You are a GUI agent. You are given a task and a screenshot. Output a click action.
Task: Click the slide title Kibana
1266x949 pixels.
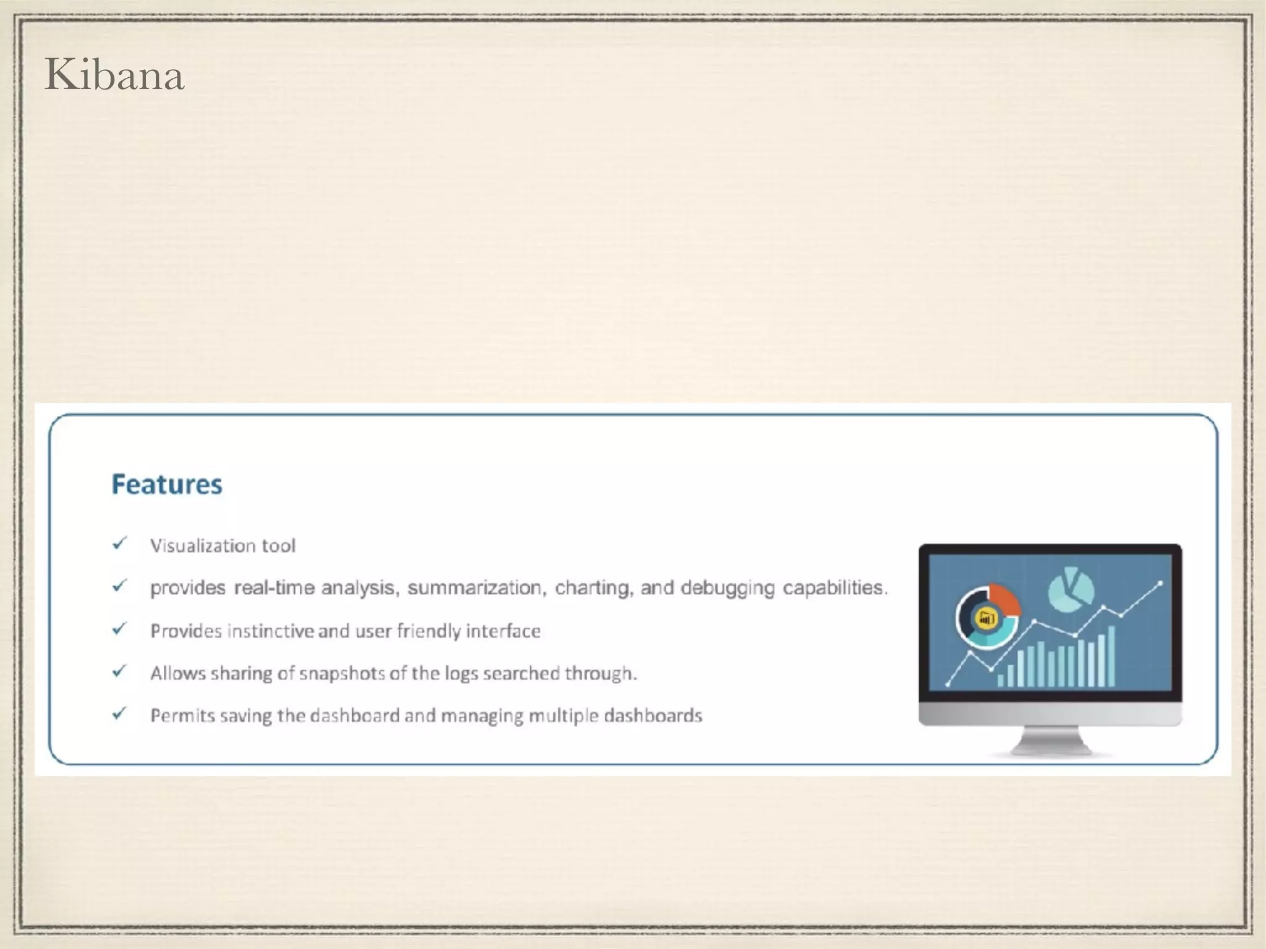(x=114, y=75)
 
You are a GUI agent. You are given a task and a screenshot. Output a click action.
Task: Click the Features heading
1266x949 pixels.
(x=167, y=484)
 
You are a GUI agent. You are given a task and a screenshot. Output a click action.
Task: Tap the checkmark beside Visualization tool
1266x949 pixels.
(x=119, y=544)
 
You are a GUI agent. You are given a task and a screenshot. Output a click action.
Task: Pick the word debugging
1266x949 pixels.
(x=727, y=588)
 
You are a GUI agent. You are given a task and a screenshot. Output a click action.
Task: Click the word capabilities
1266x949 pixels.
(x=835, y=588)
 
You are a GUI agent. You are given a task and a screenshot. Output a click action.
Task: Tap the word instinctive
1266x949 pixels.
(x=271, y=631)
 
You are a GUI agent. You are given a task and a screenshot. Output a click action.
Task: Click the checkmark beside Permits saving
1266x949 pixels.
(x=119, y=714)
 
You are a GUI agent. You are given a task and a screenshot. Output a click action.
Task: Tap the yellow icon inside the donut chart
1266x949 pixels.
(x=987, y=617)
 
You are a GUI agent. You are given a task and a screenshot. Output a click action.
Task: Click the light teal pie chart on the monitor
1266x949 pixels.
(x=1071, y=588)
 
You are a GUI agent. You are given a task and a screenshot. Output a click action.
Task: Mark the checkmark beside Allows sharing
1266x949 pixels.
(x=119, y=671)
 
